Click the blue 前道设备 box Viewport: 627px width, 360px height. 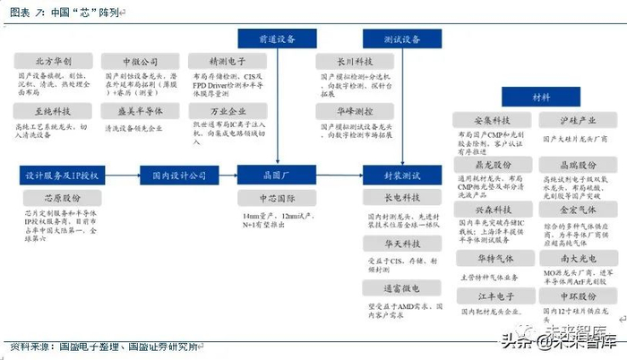[x=276, y=39]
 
